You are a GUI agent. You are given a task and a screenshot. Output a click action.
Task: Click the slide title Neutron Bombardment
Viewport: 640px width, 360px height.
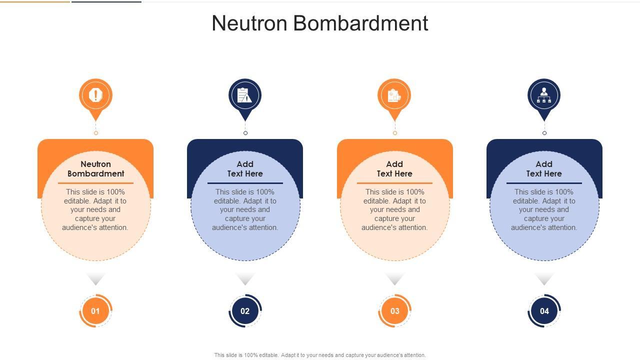click(x=320, y=23)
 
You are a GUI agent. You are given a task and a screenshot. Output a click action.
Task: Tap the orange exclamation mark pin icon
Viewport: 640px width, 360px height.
click(x=95, y=95)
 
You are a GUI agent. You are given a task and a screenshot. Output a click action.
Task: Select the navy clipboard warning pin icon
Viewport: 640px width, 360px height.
click(x=245, y=95)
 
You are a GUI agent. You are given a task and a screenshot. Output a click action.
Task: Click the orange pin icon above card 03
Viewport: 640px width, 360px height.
click(x=394, y=95)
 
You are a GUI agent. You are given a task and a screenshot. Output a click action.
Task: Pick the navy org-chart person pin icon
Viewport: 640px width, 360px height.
click(x=544, y=95)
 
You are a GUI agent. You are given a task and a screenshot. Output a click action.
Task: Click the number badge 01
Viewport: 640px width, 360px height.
click(x=95, y=311)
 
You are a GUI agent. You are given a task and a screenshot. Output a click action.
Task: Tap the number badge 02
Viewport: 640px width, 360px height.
click(x=245, y=311)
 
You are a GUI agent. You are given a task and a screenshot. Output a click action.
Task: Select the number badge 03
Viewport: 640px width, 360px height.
click(x=394, y=311)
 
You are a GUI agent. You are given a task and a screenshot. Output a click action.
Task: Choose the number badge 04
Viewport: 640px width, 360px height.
click(x=544, y=311)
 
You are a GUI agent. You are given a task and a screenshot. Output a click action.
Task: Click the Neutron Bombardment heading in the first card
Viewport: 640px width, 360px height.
click(x=95, y=169)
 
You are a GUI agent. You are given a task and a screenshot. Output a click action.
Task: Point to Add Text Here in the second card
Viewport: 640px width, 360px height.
click(x=245, y=169)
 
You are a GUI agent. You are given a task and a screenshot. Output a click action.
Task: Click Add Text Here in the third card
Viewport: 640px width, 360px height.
click(x=394, y=169)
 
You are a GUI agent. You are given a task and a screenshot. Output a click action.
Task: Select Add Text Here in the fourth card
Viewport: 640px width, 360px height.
click(x=544, y=169)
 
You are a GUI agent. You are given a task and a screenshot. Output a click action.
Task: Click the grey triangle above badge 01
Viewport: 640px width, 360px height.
click(x=95, y=278)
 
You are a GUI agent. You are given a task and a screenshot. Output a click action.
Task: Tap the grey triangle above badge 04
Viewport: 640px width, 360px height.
click(x=544, y=278)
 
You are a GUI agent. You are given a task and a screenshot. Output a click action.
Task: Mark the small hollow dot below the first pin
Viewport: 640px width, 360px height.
click(x=96, y=133)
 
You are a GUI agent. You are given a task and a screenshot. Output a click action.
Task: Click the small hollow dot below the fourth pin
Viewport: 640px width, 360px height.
click(x=544, y=133)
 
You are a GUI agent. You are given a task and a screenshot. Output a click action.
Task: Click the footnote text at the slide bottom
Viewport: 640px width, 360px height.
click(x=320, y=355)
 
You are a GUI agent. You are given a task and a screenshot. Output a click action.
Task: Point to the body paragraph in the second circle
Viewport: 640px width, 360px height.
click(x=245, y=209)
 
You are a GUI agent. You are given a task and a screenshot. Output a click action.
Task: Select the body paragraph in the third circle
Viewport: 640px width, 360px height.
click(x=394, y=209)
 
